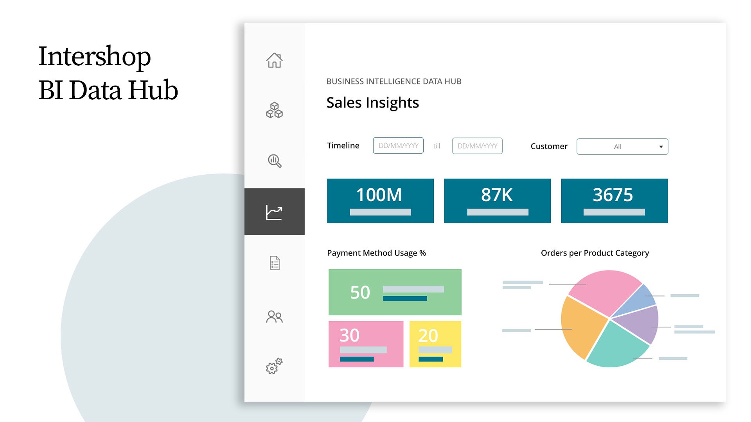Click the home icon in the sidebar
pyautogui.click(x=274, y=61)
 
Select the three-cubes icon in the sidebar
pyautogui.click(x=274, y=110)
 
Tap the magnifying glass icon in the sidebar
pyautogui.click(x=275, y=161)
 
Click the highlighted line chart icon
pyautogui.click(x=274, y=212)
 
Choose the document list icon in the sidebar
pyautogui.click(x=275, y=263)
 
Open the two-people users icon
pyautogui.click(x=274, y=316)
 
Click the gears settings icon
pyautogui.click(x=274, y=366)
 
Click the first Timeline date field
pyautogui.click(x=398, y=146)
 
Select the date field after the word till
pyautogui.click(x=477, y=146)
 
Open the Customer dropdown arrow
pyautogui.click(x=661, y=147)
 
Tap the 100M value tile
pyautogui.click(x=380, y=200)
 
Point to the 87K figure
pyautogui.click(x=497, y=195)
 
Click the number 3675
pyautogui.click(x=613, y=195)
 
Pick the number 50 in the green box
pyautogui.click(x=360, y=292)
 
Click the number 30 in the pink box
pyautogui.click(x=349, y=335)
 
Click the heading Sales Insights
pyautogui.click(x=372, y=103)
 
